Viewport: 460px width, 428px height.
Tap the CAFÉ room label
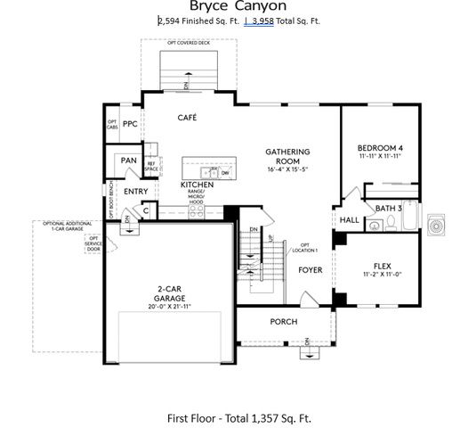(x=187, y=118)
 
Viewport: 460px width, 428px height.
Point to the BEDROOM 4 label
(x=381, y=147)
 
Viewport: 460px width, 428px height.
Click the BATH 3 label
(x=389, y=208)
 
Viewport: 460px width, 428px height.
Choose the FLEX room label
(x=382, y=266)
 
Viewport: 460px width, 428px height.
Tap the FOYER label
(x=310, y=269)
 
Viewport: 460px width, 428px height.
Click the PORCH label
(x=283, y=322)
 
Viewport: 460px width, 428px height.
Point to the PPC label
(x=130, y=124)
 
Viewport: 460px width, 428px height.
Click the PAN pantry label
(x=129, y=161)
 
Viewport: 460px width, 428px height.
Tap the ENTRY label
(x=136, y=191)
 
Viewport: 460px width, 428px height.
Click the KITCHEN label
(x=197, y=185)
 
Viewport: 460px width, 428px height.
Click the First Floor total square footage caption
(x=238, y=417)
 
